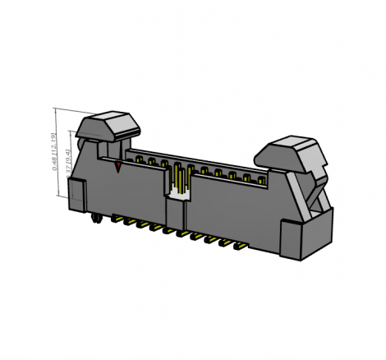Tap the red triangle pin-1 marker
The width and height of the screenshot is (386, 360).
point(119,167)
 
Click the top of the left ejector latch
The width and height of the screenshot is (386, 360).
point(108,122)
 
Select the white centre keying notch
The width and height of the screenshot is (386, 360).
point(177,193)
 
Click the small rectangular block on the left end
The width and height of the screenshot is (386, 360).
point(76,195)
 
